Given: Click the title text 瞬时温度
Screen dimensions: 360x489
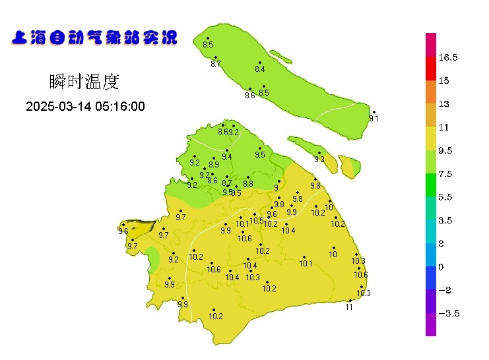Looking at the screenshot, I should coord(84,82).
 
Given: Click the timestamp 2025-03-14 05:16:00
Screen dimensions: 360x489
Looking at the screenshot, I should coord(85,107).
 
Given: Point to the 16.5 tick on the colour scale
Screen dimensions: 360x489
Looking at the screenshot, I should coord(448,58).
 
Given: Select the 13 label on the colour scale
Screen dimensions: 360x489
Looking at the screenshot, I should coord(443,104).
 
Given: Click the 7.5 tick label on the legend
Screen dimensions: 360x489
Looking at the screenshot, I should coord(445,174).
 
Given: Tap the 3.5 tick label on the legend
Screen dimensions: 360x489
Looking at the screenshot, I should coord(445,221).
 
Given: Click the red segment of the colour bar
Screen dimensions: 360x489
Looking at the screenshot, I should coord(430,69).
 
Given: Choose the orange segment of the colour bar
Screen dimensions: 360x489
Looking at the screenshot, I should coord(430,92).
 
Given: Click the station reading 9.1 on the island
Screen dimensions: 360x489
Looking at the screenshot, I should coord(374,119).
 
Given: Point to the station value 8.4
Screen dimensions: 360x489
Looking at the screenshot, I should coord(259,69).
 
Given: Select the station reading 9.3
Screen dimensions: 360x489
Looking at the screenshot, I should coord(319,160).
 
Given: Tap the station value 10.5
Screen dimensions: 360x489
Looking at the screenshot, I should coord(257,220).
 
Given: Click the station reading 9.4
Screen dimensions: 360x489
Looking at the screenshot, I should coord(227,157).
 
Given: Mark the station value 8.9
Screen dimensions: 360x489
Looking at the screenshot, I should coord(214,165).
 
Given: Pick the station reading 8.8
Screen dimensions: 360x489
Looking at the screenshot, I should coord(248,184).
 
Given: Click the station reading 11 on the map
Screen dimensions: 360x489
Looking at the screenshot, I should coord(349,307).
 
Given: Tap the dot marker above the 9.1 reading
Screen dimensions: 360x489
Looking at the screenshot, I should coord(374,112).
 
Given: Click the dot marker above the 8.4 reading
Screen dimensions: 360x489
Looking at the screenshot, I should coord(260,63).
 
